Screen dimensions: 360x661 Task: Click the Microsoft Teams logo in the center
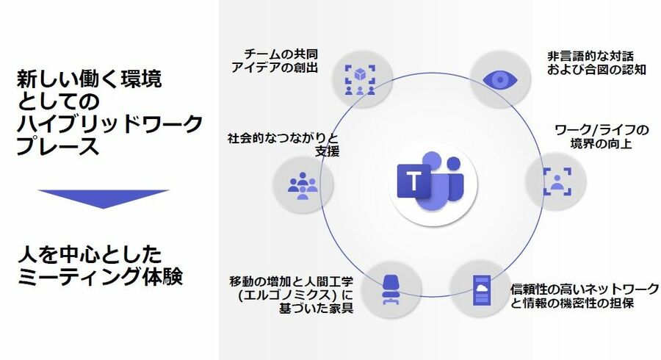click(x=429, y=180)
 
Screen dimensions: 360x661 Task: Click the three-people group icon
click(x=302, y=183)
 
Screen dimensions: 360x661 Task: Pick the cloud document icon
click(x=482, y=289)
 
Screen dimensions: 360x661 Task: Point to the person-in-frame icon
click(x=557, y=181)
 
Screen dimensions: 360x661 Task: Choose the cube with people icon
click(x=360, y=77)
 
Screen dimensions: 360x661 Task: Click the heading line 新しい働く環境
click(x=90, y=78)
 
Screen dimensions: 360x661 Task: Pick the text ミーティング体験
click(x=99, y=278)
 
